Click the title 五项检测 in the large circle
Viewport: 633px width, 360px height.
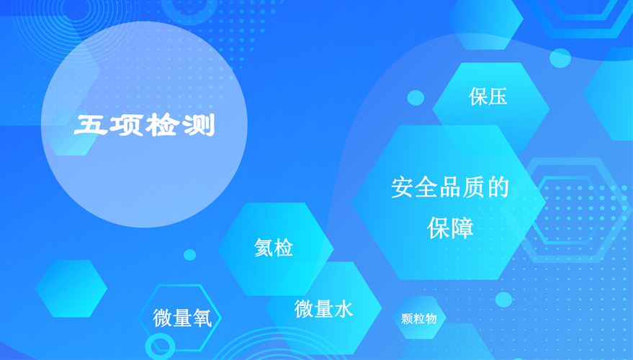click(x=144, y=125)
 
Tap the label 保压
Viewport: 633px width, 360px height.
click(x=488, y=96)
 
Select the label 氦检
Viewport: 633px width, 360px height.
click(x=274, y=248)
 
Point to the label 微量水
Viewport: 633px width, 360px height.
click(x=324, y=309)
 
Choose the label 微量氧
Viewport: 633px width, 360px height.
click(x=182, y=318)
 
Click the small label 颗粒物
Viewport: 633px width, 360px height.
click(x=418, y=319)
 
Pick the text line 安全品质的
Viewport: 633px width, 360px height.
click(x=449, y=188)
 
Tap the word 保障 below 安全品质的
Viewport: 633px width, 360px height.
click(x=450, y=228)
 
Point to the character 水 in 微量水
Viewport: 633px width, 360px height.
click(x=344, y=309)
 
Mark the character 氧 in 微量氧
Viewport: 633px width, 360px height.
click(x=202, y=318)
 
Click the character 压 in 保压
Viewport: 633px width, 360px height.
click(x=498, y=97)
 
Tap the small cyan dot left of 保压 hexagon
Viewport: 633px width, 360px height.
click(x=416, y=98)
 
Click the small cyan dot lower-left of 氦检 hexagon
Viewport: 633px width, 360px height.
click(x=189, y=255)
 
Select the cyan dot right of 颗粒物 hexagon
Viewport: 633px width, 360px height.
click(x=504, y=300)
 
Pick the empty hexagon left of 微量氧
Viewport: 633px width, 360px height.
click(x=71, y=288)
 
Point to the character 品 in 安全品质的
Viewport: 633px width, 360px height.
click(x=449, y=188)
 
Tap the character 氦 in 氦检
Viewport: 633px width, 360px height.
click(x=264, y=248)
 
